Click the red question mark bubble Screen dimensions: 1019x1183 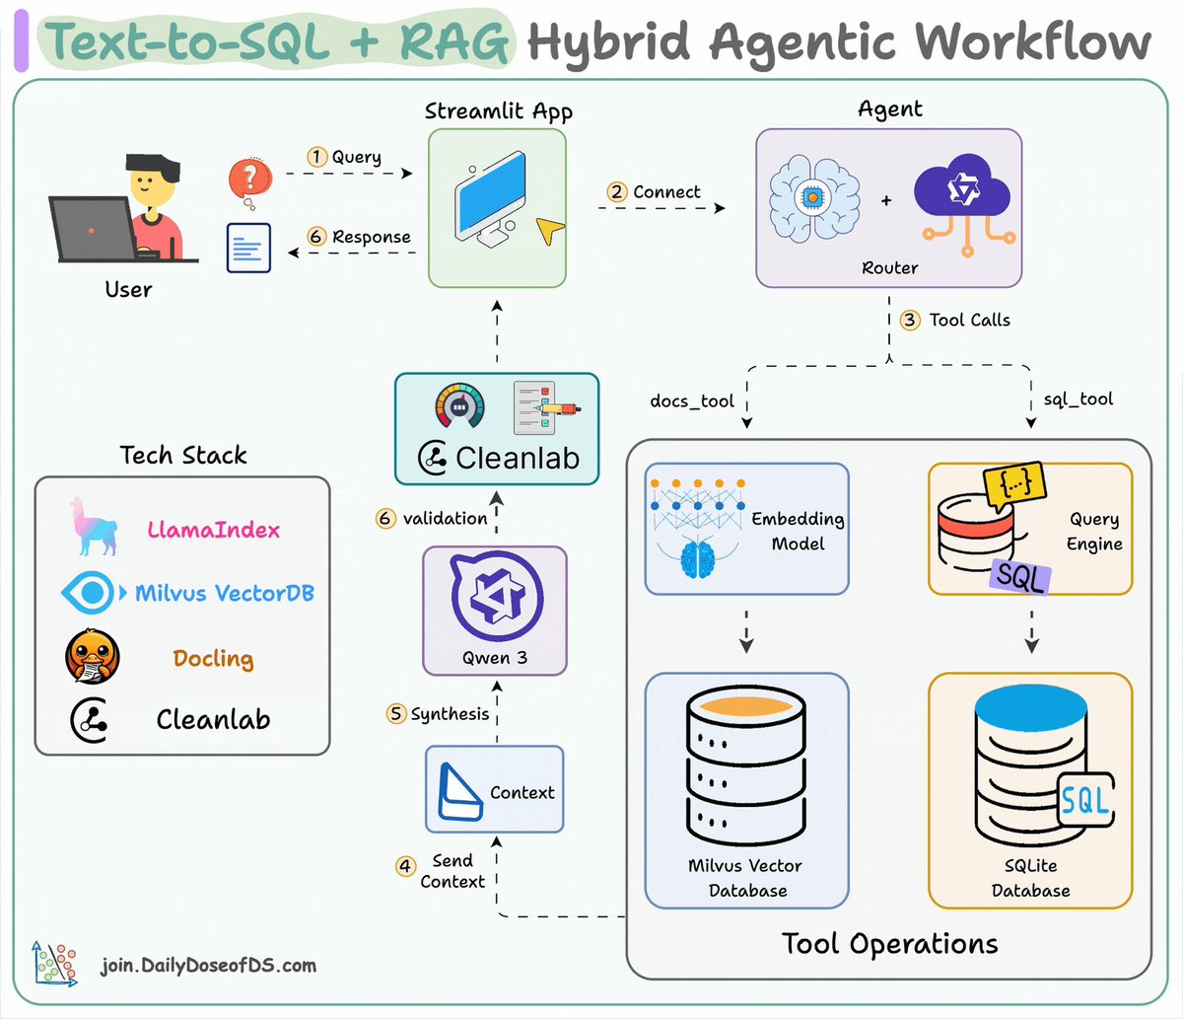point(249,179)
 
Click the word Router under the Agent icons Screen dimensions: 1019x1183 point(889,267)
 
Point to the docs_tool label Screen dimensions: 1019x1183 point(692,400)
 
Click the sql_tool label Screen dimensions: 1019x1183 point(1078,400)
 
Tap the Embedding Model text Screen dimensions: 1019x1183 point(798,531)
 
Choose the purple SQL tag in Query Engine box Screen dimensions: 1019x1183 point(1019,575)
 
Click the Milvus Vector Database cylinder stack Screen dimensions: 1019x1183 point(746,769)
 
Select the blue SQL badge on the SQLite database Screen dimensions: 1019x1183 point(1085,800)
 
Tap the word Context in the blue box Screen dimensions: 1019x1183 point(522,792)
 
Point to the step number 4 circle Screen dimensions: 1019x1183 point(405,865)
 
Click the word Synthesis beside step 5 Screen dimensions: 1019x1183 point(450,713)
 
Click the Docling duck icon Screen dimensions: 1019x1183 point(93,658)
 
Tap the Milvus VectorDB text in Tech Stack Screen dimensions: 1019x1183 point(224,593)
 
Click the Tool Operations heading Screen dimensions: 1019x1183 point(889,943)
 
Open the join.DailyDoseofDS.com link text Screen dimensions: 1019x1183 point(208,965)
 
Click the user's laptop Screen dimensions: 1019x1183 point(93,230)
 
